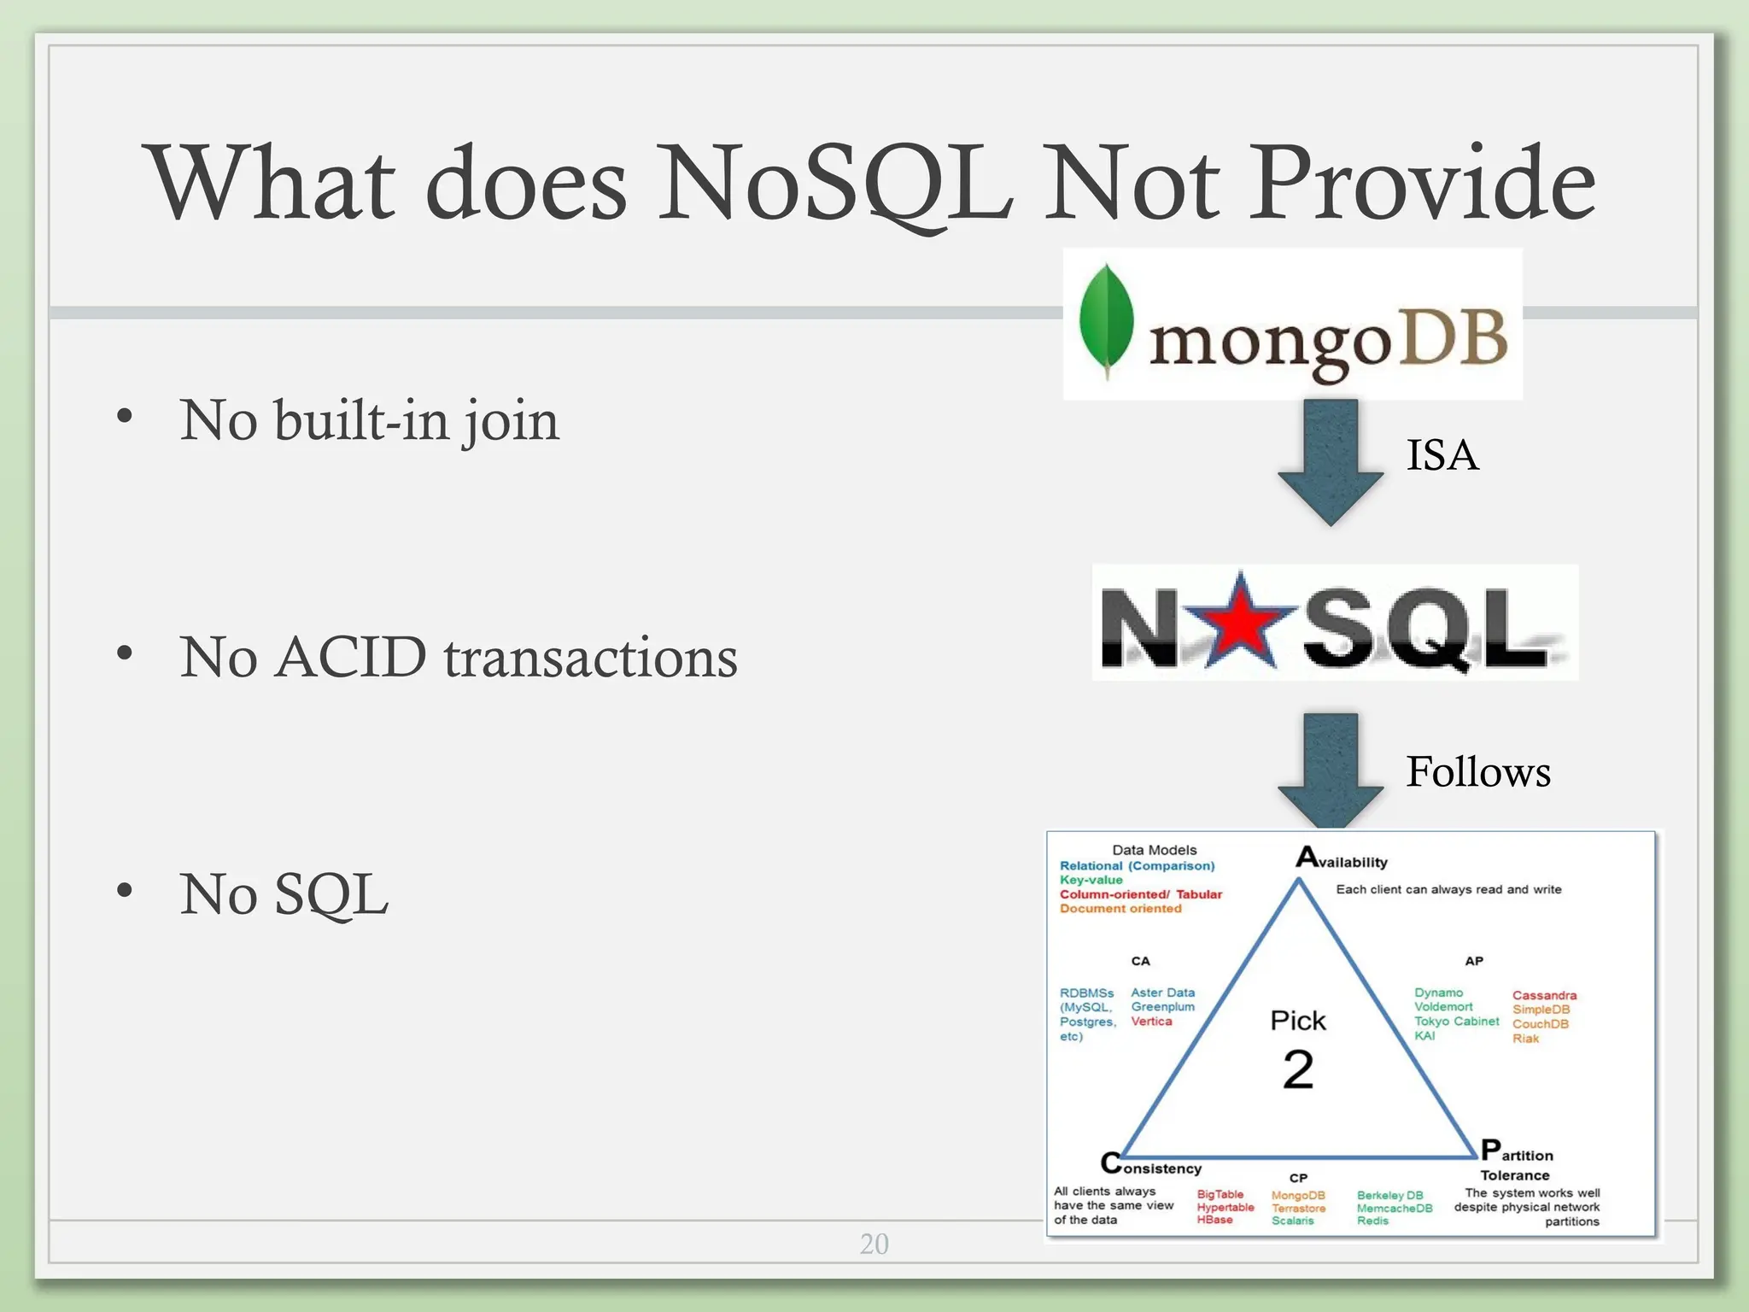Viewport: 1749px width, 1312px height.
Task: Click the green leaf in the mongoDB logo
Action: (1106, 320)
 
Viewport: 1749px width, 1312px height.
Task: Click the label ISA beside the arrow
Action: (1442, 454)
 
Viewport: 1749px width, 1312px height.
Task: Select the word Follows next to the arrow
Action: (1477, 771)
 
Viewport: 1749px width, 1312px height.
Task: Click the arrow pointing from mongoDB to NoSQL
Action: (1331, 461)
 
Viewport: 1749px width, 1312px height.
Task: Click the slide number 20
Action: (874, 1244)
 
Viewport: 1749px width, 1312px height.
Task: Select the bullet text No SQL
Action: (284, 894)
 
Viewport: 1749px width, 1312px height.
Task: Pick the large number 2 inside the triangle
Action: (1298, 1069)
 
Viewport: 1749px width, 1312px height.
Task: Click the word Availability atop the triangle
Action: (1342, 859)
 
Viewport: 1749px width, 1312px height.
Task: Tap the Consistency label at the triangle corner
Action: (1152, 1166)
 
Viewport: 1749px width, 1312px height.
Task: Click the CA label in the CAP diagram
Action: (1140, 961)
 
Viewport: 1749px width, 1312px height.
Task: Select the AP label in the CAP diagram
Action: (1474, 961)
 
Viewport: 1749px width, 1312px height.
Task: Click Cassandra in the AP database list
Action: (1544, 995)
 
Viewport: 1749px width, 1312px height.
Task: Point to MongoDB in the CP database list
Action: (1297, 1195)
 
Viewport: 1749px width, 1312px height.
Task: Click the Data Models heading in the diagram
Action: (1154, 850)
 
